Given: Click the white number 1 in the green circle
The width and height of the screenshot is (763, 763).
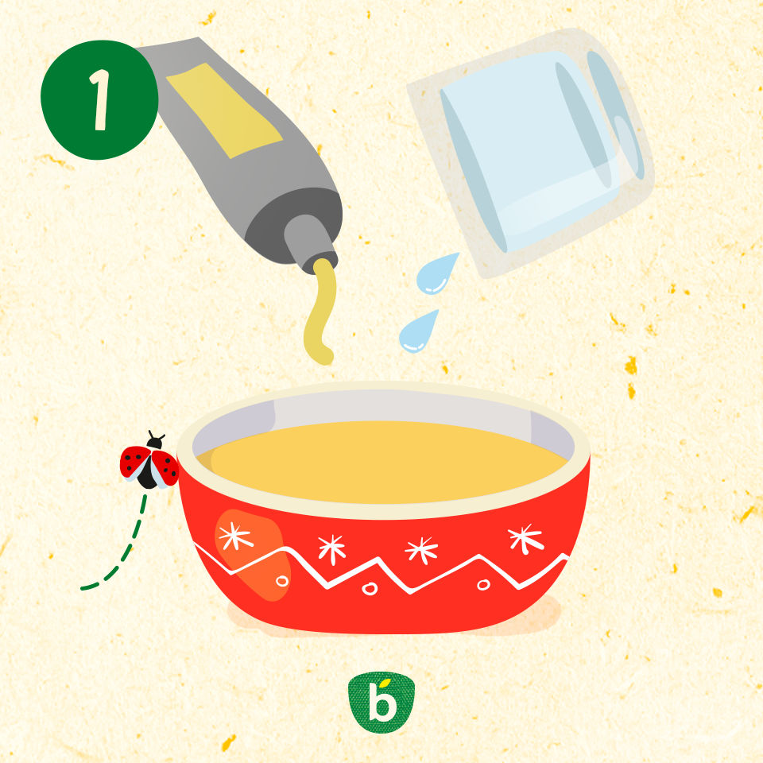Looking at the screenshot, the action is pos(101,100).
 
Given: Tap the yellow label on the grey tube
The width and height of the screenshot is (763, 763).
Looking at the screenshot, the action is pos(224,110).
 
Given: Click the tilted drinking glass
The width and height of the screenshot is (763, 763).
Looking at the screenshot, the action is pos(530,151).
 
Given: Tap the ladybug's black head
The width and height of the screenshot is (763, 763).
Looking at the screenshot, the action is pos(155,443).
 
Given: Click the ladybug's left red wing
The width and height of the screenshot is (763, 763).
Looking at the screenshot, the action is pos(134,462).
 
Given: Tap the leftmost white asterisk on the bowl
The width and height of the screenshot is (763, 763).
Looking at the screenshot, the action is pos(235,536).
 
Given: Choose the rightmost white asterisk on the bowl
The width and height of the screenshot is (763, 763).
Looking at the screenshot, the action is pos(525,538).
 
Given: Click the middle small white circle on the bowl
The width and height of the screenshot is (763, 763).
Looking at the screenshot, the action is pos(370,589).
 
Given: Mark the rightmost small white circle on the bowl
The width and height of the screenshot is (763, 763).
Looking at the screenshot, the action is pos(483,584).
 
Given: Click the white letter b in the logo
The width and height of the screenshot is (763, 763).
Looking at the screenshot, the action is pos(381,702).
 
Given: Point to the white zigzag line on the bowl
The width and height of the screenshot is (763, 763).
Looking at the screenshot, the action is pos(382,569).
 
